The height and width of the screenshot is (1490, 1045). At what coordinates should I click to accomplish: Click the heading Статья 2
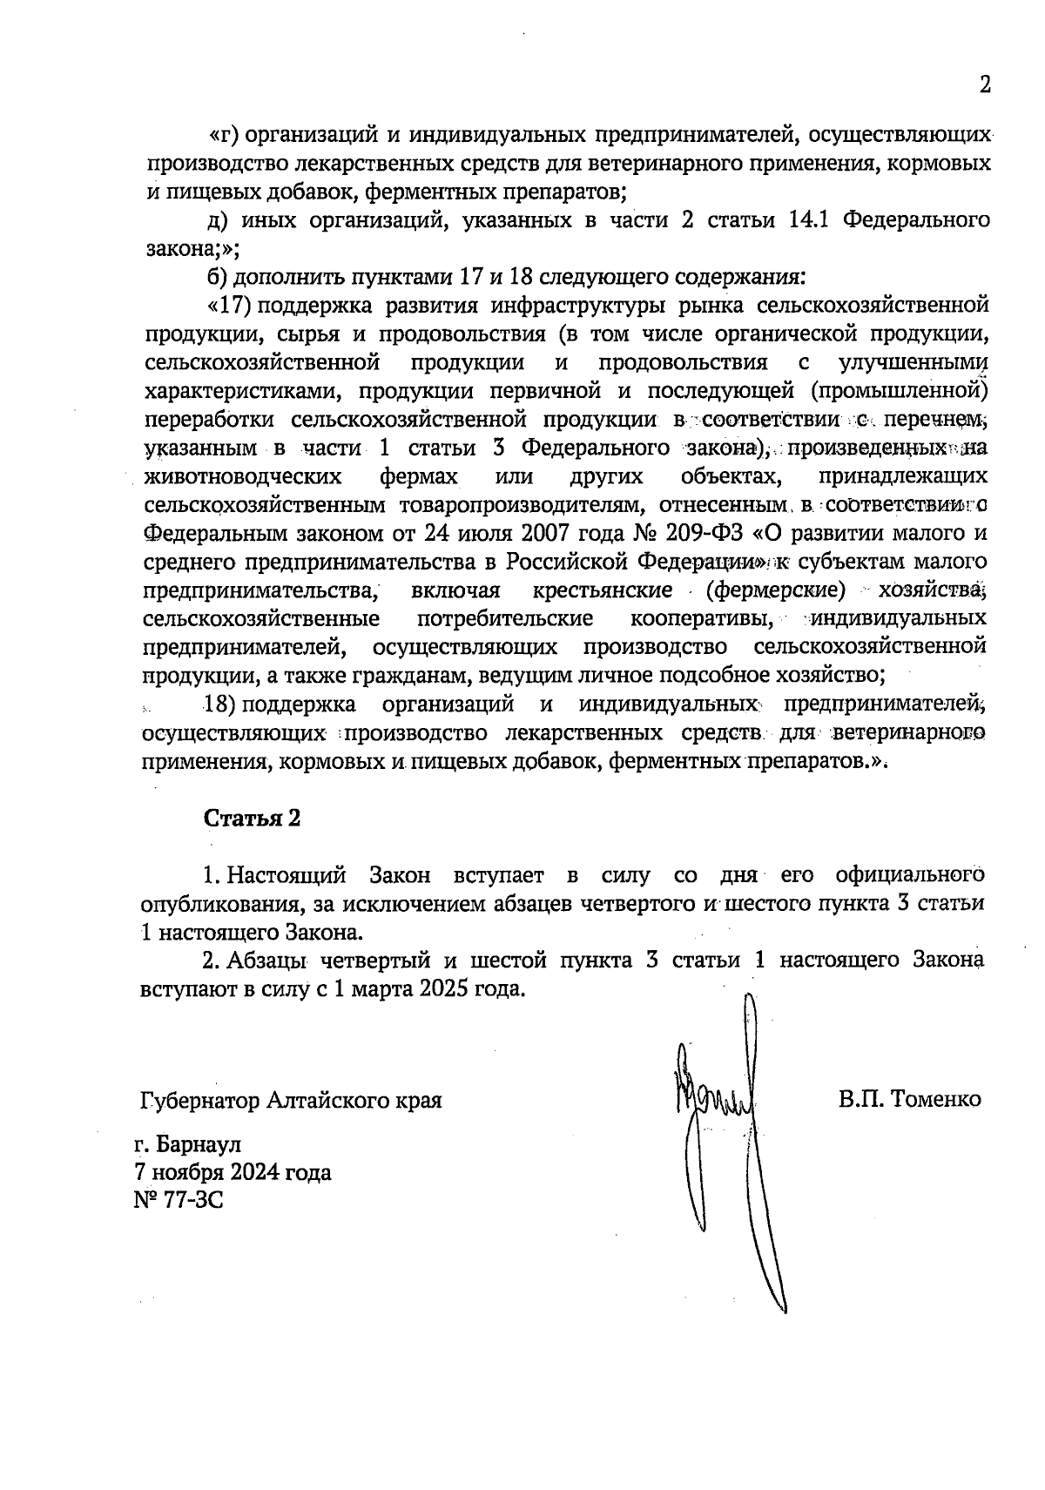click(253, 819)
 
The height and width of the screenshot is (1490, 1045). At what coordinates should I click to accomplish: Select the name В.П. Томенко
click(910, 1099)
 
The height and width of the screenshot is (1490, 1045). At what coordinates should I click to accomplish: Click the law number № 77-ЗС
click(179, 1201)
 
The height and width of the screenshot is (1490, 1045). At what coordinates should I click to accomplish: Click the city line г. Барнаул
click(187, 1143)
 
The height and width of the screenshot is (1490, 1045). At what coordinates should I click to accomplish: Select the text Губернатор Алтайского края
click(291, 1100)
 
